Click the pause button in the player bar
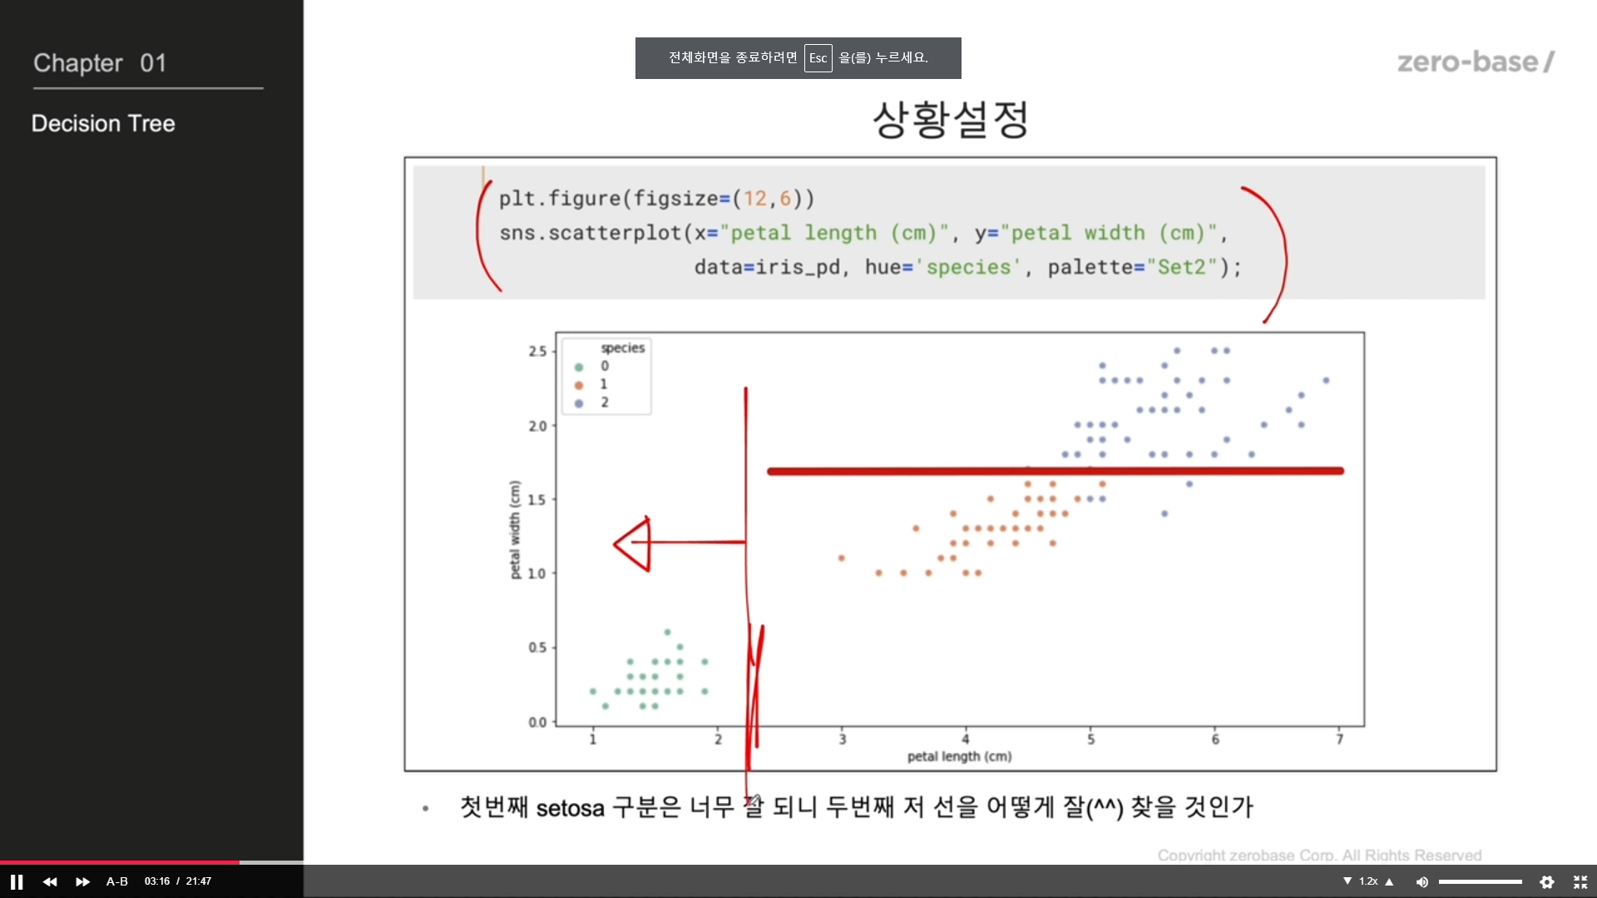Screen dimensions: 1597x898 click(17, 881)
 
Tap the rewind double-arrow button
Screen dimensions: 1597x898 click(50, 881)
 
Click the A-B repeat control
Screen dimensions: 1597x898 click(117, 881)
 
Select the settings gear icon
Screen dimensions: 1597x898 click(1547, 881)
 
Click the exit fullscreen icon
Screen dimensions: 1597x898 click(1580, 881)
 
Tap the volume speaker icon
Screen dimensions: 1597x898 click(1422, 881)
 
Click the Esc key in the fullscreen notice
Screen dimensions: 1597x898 click(818, 58)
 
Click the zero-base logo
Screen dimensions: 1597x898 click(1476, 62)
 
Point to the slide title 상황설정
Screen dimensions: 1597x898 click(951, 120)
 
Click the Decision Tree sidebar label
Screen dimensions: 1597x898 click(103, 124)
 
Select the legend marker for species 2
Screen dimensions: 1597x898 click(579, 403)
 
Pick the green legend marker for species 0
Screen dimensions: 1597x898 click(579, 367)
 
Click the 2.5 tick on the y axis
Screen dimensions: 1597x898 click(537, 352)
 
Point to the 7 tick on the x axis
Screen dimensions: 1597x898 click(1339, 739)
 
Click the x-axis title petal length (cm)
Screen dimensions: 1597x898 click(959, 757)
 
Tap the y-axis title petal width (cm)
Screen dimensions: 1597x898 click(515, 530)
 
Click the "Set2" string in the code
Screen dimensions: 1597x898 click(1182, 267)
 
